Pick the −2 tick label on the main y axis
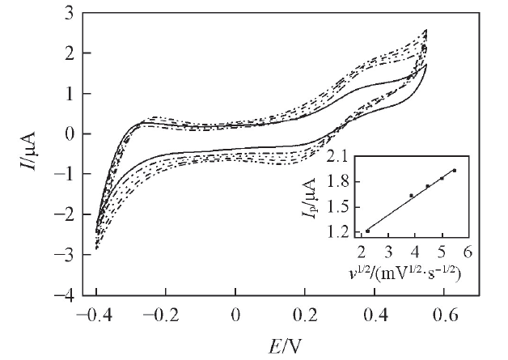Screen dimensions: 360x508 [59, 214]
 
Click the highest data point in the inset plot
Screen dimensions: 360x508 [455, 170]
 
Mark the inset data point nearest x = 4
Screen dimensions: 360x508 [412, 195]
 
